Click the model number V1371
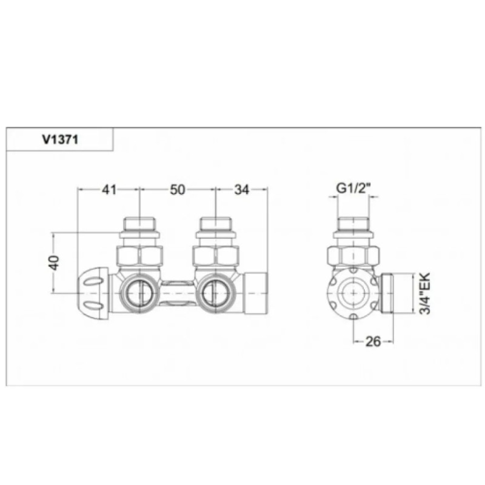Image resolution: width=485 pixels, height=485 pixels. pyautogui.click(x=59, y=139)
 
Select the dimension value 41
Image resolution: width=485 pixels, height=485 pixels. pyautogui.click(x=109, y=190)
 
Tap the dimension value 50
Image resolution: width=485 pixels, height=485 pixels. pyautogui.click(x=177, y=190)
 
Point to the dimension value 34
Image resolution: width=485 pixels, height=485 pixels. pyautogui.click(x=241, y=190)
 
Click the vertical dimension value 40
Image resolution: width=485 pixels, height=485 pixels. pyautogui.click(x=54, y=263)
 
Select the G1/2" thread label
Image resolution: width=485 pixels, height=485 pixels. pyautogui.click(x=353, y=189)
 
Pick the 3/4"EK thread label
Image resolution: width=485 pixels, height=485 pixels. pyautogui.click(x=425, y=293)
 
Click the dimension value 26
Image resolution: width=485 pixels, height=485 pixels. pyautogui.click(x=373, y=342)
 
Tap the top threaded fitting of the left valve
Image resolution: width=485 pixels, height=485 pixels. pyautogui.click(x=140, y=227)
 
